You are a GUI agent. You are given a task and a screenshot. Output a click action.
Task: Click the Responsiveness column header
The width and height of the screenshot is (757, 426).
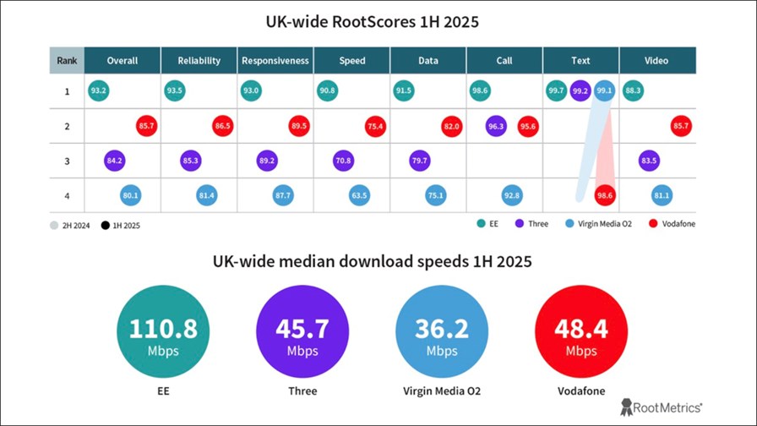pos(275,61)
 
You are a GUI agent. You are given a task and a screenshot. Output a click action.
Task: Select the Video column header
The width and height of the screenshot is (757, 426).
pos(656,61)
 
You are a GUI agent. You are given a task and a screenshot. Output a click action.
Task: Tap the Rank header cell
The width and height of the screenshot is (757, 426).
pos(67,61)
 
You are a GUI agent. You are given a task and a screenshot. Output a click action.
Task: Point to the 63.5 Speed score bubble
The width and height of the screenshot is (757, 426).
pos(358,195)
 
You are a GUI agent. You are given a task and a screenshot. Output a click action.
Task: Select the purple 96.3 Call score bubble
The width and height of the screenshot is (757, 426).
pos(496,126)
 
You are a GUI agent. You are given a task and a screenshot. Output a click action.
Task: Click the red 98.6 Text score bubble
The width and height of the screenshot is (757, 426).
pos(605,195)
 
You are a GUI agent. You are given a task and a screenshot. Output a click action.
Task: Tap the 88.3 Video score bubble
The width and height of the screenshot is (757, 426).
pos(633,90)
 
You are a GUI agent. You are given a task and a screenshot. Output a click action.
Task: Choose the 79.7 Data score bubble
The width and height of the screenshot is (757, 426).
pos(419,161)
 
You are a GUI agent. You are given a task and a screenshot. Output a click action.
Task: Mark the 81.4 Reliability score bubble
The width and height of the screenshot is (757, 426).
pos(206,195)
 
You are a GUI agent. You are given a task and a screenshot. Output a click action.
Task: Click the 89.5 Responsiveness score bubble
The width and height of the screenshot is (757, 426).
pos(299,126)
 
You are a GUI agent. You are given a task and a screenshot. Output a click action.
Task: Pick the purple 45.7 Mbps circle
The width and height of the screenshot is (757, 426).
pos(302,333)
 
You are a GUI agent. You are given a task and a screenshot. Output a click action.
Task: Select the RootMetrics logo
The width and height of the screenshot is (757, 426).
pos(661,407)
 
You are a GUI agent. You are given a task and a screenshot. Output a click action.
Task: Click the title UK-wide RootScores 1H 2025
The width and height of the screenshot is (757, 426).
pos(378,22)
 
